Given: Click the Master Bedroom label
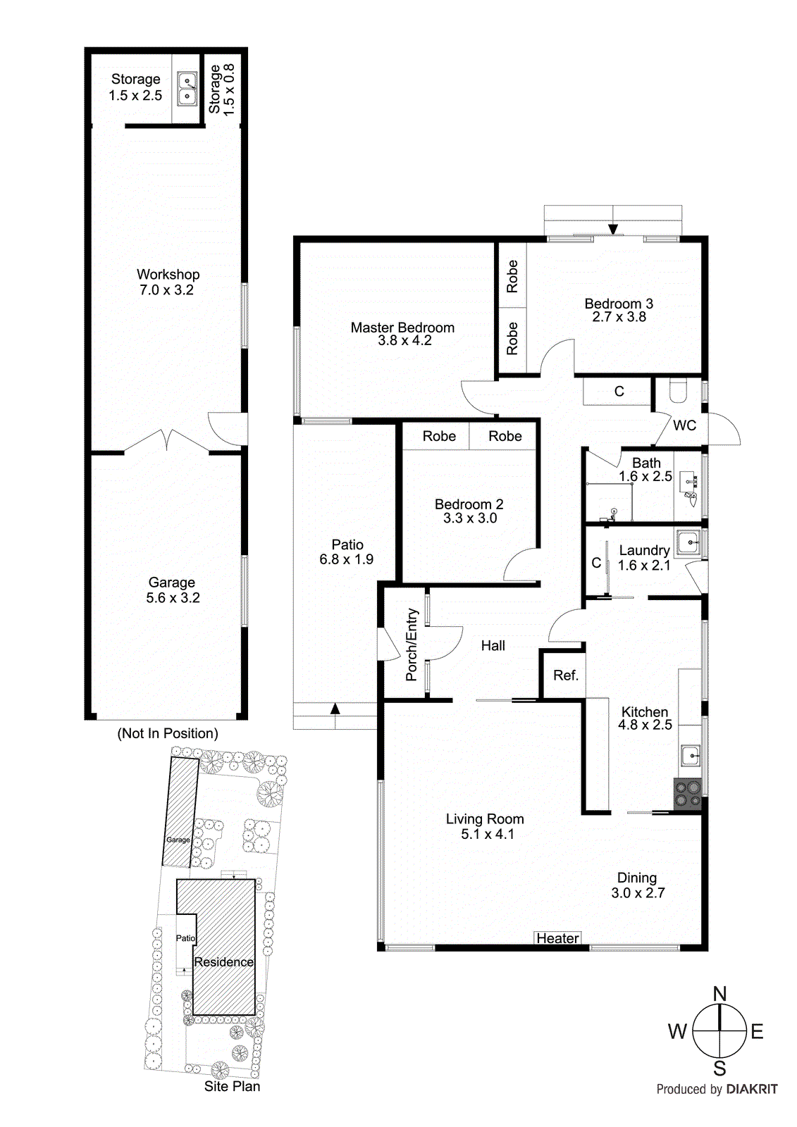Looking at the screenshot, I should click(x=402, y=328).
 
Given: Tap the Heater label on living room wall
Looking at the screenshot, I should click(x=557, y=938).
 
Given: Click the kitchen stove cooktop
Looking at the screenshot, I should click(x=688, y=793).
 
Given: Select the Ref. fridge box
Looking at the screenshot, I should click(x=565, y=675).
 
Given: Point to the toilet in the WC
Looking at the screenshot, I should click(x=677, y=391).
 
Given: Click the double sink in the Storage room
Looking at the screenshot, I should click(x=187, y=89).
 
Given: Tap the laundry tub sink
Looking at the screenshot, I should click(x=687, y=542).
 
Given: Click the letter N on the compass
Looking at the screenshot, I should click(x=719, y=994).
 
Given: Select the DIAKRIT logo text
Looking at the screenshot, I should click(x=752, y=1089).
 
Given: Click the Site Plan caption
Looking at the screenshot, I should click(x=232, y=1086).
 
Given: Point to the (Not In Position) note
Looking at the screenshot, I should click(x=168, y=733).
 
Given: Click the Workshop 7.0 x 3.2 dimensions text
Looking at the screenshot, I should click(x=166, y=290).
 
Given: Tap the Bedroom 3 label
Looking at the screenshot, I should click(x=619, y=304).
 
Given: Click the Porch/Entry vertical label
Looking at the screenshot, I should click(x=412, y=645).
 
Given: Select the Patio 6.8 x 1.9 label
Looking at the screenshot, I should click(x=347, y=552).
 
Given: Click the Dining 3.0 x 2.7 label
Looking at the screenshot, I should click(x=637, y=885).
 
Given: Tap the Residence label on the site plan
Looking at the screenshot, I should click(x=223, y=962).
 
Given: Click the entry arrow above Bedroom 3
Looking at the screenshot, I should click(x=613, y=229).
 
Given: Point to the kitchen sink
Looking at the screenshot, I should click(x=690, y=756).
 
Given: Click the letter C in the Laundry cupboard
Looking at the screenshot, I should click(x=596, y=563).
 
